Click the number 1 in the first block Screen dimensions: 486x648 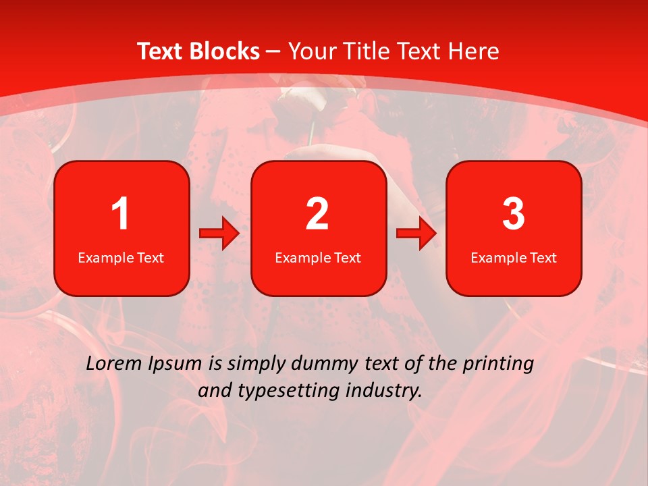coord(121,214)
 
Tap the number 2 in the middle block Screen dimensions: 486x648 coord(317,214)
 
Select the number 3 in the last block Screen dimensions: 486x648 coord(514,214)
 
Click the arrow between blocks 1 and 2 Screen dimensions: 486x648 coord(219,234)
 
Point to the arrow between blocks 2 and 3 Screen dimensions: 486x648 coord(416,234)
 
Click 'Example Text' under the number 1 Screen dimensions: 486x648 coord(121,257)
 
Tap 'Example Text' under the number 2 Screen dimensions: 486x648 coord(318,257)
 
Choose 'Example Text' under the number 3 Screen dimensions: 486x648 coord(514,257)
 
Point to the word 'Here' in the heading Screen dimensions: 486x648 coord(473,51)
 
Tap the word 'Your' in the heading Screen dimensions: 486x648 coord(310,51)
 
